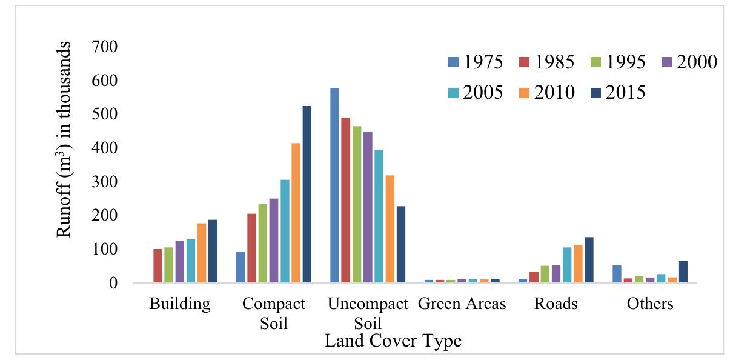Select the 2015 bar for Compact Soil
pos(307,195)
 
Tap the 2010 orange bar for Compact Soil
pos(296,213)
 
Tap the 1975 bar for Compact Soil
pos(240,267)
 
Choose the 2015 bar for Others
pos(683,272)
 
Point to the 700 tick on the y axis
pos(105,47)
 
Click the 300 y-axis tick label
pos(105,182)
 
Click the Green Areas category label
pos(462,304)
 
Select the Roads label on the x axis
pos(556,304)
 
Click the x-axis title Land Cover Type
pos(393,341)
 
